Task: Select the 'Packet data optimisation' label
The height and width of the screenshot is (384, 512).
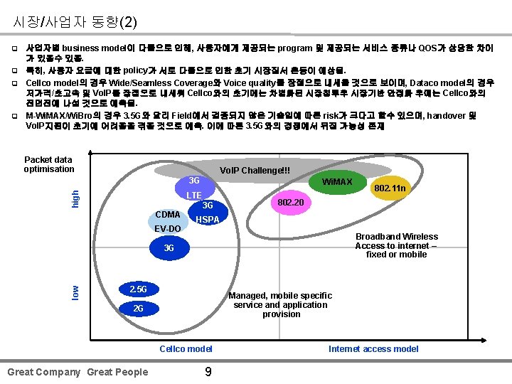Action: point(48,164)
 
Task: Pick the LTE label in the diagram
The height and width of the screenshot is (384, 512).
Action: point(194,195)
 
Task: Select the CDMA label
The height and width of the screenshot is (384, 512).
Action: point(168,214)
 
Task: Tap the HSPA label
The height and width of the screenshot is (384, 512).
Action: point(207,220)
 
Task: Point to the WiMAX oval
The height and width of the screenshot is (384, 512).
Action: point(337,183)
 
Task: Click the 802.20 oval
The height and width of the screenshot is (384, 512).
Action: point(291,203)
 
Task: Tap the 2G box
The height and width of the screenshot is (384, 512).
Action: point(139,309)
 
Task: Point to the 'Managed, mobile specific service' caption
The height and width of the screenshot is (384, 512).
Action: point(281,304)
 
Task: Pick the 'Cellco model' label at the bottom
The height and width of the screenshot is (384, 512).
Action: point(186,348)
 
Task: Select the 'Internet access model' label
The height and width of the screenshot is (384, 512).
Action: point(373,348)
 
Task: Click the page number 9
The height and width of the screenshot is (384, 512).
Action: point(208,370)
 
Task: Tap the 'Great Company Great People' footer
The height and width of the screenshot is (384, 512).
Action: point(78,372)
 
